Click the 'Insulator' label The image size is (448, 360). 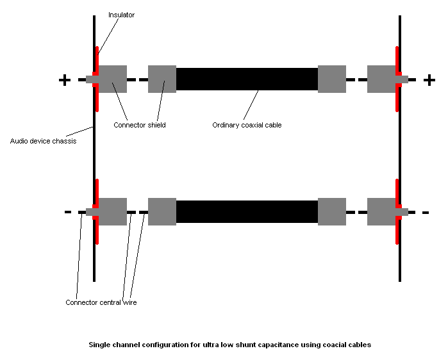click(x=121, y=15)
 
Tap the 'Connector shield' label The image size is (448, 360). click(x=139, y=125)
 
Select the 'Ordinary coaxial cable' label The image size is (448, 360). click(x=247, y=125)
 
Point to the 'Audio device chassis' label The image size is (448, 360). click(x=43, y=141)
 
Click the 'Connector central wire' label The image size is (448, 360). click(x=101, y=302)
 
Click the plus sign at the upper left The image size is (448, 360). click(x=64, y=80)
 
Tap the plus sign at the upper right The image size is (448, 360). click(x=429, y=80)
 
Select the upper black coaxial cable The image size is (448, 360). click(x=247, y=79)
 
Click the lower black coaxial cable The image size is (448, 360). click(x=247, y=211)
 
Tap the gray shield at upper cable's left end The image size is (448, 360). click(x=162, y=79)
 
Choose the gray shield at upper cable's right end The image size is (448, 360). click(x=332, y=79)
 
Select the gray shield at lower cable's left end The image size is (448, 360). click(x=162, y=211)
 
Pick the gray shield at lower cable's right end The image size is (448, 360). click(x=332, y=211)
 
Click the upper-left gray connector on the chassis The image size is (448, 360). click(x=113, y=79)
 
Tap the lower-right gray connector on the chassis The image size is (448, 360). click(x=382, y=211)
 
